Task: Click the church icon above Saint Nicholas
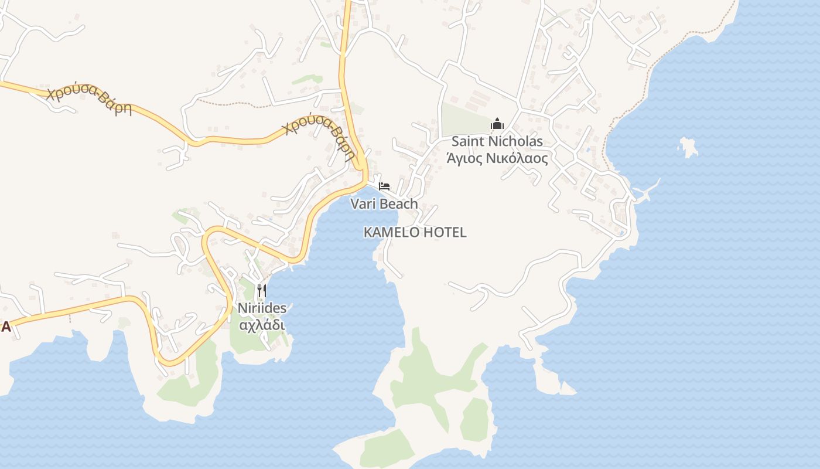[497, 124]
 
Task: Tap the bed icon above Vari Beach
[384, 186]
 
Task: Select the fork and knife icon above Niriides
[262, 290]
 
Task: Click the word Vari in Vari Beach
[362, 204]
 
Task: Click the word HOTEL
[445, 232]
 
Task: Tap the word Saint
[468, 141]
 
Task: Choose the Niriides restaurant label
[262, 308]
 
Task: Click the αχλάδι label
[262, 324]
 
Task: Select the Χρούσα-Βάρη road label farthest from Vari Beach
[90, 101]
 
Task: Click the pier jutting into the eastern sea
[647, 191]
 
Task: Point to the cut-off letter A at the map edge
[5, 327]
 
